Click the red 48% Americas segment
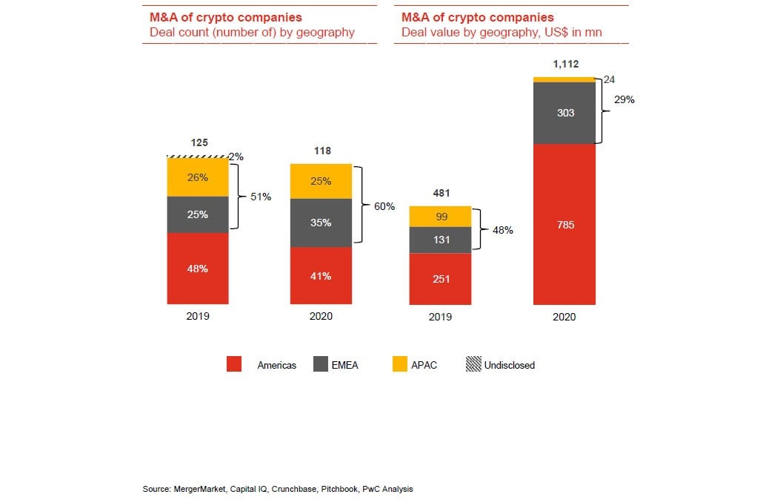click(198, 269)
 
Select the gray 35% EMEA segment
click(321, 223)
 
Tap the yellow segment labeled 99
click(441, 216)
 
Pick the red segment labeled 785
click(564, 224)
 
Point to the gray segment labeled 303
click(564, 113)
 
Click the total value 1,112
click(565, 65)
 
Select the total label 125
click(199, 142)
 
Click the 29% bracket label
click(624, 99)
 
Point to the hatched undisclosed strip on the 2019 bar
click(198, 157)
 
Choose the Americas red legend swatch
click(234, 364)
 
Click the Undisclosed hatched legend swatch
click(473, 364)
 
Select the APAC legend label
click(424, 365)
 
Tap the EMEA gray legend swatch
click(320, 364)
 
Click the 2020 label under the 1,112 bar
click(564, 317)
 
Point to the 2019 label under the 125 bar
click(198, 316)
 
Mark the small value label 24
click(609, 79)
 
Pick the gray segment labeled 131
click(441, 240)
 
